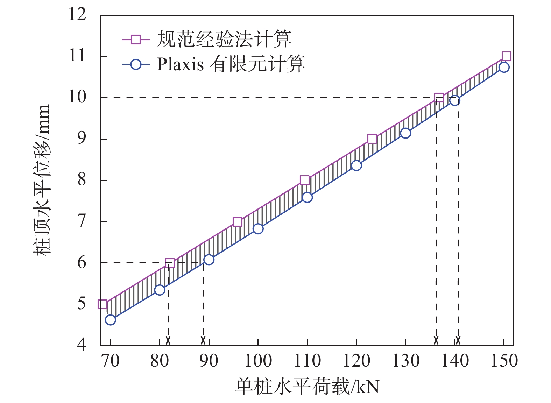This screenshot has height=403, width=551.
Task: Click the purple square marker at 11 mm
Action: [x=506, y=56]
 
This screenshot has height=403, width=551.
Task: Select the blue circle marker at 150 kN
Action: [x=504, y=67]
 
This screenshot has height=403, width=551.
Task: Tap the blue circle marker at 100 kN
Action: [x=258, y=229]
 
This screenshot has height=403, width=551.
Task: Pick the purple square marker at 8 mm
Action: [x=305, y=180]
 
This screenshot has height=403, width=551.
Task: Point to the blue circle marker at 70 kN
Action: [x=110, y=320]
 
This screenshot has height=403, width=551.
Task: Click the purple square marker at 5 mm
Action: [x=103, y=304]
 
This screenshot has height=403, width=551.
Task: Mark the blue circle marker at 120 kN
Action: [x=356, y=165]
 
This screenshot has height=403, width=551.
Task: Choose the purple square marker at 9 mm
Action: [x=372, y=139]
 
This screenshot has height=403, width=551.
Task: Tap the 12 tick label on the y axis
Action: [x=77, y=15]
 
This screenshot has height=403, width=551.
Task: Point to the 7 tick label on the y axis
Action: [x=82, y=221]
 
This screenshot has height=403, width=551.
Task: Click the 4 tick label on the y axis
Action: [x=82, y=345]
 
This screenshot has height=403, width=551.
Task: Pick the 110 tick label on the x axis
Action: [x=307, y=361]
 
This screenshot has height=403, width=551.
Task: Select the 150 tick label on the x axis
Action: [x=504, y=361]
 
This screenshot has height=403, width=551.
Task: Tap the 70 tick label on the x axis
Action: [x=110, y=361]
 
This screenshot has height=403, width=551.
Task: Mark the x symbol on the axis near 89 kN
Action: [x=203, y=340]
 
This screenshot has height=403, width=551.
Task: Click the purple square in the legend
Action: [x=136, y=40]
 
